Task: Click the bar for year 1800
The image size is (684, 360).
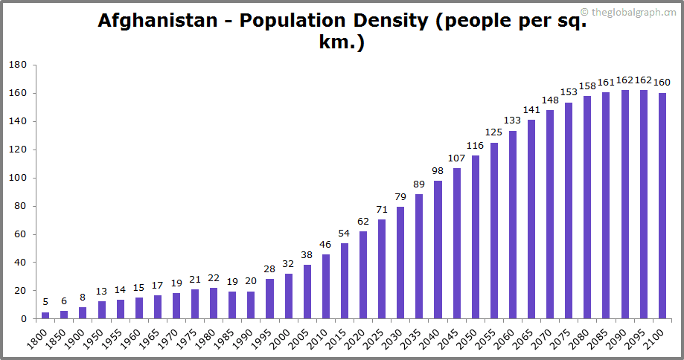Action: point(45,315)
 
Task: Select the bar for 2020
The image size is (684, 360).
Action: point(363,275)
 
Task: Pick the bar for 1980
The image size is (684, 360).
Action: point(214,303)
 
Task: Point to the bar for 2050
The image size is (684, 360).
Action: point(476,237)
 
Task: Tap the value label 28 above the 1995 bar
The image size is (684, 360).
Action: point(269,269)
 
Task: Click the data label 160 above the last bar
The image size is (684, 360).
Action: point(662,83)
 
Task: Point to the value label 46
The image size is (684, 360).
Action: point(325,244)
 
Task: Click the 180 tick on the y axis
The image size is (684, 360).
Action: point(18,65)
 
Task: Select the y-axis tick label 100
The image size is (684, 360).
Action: point(18,179)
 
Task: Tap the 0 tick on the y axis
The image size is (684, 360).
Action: point(24,319)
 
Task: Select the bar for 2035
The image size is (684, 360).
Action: point(419,257)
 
